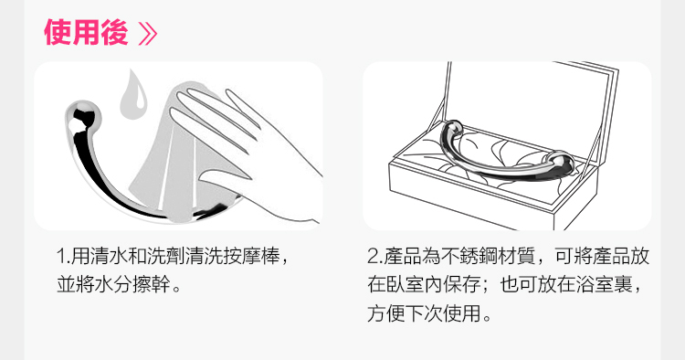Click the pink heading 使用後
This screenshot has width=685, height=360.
coord(86,32)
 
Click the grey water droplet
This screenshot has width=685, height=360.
coord(133,94)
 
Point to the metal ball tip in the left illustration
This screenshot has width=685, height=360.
coord(82,117)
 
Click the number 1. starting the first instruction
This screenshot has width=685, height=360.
coord(63,256)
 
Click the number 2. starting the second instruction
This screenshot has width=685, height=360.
coord(375,256)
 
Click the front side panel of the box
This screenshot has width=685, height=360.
coord(472,200)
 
